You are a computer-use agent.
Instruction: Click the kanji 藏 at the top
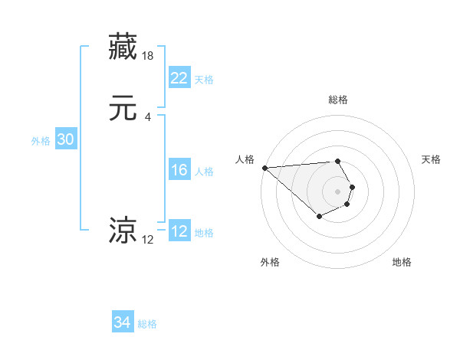click(x=124, y=47)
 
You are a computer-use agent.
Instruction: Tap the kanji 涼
click(x=124, y=230)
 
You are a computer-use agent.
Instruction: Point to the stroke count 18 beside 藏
click(x=149, y=56)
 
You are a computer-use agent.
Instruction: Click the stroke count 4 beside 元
click(x=148, y=116)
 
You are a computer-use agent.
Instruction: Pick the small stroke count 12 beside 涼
click(x=148, y=240)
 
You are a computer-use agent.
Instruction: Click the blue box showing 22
click(x=179, y=78)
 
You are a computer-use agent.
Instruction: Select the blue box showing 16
click(x=179, y=171)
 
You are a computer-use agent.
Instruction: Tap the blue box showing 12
click(x=179, y=232)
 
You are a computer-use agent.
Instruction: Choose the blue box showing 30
click(x=66, y=139)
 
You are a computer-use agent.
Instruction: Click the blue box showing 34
click(x=123, y=323)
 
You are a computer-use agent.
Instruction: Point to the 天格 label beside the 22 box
click(x=204, y=80)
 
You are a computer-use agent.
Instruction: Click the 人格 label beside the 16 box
click(x=204, y=172)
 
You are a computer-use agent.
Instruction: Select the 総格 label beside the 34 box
click(x=147, y=324)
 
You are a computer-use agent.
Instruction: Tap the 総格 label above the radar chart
click(x=338, y=100)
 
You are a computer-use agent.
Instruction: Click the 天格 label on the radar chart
click(x=432, y=159)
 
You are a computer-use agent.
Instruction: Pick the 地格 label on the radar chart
click(x=402, y=262)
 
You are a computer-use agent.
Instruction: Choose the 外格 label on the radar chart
click(x=270, y=262)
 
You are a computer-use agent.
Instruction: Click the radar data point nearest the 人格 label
click(x=264, y=168)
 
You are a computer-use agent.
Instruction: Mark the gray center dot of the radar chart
click(x=338, y=191)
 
